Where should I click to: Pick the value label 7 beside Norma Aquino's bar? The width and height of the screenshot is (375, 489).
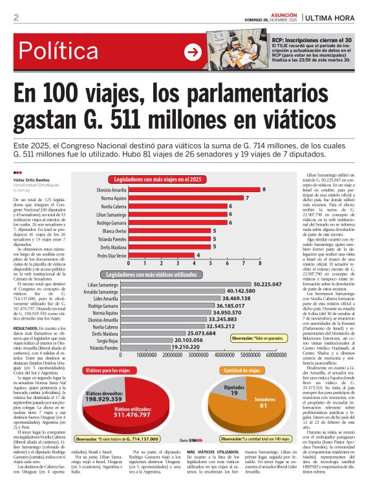pos(248,197)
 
